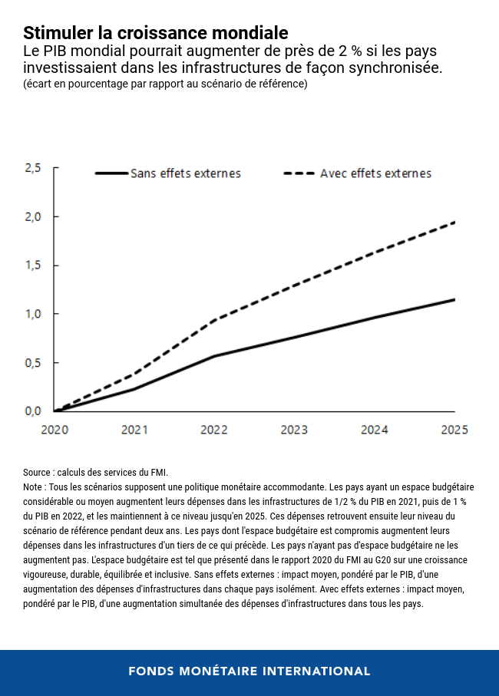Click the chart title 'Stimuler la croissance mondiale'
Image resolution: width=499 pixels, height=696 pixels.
(156, 33)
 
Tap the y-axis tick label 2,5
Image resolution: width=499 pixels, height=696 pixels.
(32, 168)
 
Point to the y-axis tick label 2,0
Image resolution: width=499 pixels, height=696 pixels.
(32, 216)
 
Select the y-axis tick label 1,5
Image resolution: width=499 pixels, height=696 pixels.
(32, 266)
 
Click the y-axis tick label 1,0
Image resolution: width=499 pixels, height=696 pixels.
(32, 314)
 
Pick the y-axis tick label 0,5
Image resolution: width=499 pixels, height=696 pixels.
(32, 362)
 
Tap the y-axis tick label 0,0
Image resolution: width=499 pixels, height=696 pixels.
(32, 411)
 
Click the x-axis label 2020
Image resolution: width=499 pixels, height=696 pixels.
(55, 430)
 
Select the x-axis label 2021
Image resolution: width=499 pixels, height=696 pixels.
(134, 430)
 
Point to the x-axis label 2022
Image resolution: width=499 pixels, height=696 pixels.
(214, 430)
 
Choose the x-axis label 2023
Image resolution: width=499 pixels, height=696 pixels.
(295, 430)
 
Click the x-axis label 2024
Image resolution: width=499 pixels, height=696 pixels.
(375, 430)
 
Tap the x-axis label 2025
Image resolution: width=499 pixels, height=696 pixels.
(454, 430)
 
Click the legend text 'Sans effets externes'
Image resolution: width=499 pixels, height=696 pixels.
(186, 173)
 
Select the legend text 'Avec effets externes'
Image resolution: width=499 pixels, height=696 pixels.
(375, 173)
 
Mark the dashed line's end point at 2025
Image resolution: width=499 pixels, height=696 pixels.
(454, 222)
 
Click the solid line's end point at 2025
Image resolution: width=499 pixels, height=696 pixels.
(454, 299)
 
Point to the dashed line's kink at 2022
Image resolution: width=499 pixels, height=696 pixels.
(214, 319)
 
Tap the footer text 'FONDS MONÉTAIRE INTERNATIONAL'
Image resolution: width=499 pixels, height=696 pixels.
(249, 671)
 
